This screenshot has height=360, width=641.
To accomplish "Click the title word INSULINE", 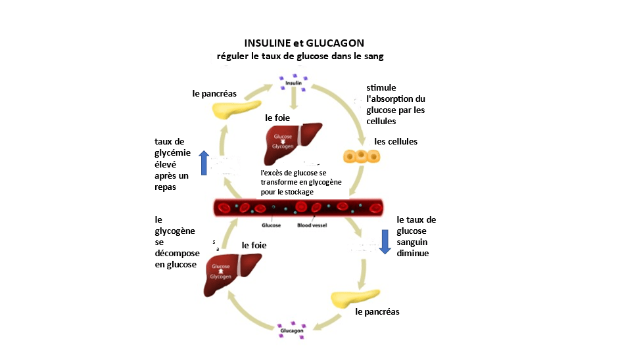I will [x=266, y=43].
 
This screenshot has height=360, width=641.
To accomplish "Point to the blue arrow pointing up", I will [x=204, y=162].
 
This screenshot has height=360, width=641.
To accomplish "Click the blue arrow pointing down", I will [x=385, y=242].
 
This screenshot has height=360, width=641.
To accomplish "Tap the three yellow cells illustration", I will [x=362, y=156].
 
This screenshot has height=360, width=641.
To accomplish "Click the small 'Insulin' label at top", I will [x=293, y=83].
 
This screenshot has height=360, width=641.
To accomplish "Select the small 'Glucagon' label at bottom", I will [x=292, y=330].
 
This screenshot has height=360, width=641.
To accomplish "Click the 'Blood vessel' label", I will [x=312, y=225].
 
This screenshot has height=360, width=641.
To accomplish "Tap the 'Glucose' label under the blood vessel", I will [x=272, y=225].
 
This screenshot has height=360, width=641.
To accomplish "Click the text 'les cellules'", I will [x=396, y=141].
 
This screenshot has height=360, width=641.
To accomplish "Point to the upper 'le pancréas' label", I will [x=214, y=93].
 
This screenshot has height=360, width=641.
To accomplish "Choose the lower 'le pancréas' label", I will [x=377, y=311].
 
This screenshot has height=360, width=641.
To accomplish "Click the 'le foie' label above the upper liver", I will [x=277, y=118].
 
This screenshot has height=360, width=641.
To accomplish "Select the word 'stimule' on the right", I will [x=381, y=88].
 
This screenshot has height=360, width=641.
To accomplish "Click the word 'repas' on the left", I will [x=166, y=187].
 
